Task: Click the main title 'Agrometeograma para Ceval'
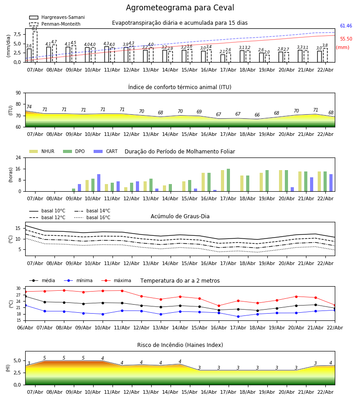(180, 8)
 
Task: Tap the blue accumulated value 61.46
(346, 26)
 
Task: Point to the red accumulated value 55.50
(346, 39)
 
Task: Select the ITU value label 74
(29, 107)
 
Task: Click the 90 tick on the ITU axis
(18, 93)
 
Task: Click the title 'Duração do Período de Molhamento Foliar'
(180, 152)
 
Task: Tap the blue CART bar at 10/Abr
(99, 183)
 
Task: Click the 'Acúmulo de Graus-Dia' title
(180, 216)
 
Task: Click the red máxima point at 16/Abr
(219, 306)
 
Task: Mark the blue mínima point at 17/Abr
(238, 316)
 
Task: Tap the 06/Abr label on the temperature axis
(25, 327)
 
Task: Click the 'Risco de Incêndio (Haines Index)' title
(180, 345)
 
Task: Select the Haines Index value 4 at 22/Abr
(330, 363)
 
